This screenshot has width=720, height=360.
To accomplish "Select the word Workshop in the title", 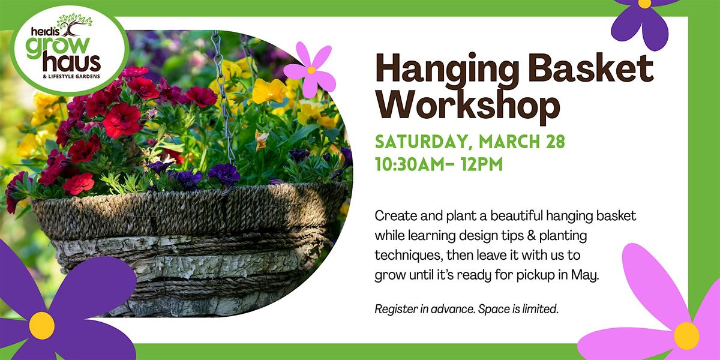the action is (x=468, y=107).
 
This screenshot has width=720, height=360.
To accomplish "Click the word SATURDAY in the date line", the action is (x=422, y=142).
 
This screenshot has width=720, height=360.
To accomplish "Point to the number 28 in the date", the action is (x=555, y=142).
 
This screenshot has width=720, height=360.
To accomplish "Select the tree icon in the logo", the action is (x=75, y=25).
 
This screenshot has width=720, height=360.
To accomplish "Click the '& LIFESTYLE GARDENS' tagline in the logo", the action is (x=71, y=77).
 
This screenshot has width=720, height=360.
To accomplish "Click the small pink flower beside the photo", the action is (x=310, y=70).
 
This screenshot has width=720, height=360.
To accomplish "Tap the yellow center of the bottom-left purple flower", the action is (x=42, y=326).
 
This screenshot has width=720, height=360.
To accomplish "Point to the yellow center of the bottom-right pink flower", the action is (x=686, y=336).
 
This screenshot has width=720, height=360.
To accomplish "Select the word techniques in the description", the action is (x=408, y=255).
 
